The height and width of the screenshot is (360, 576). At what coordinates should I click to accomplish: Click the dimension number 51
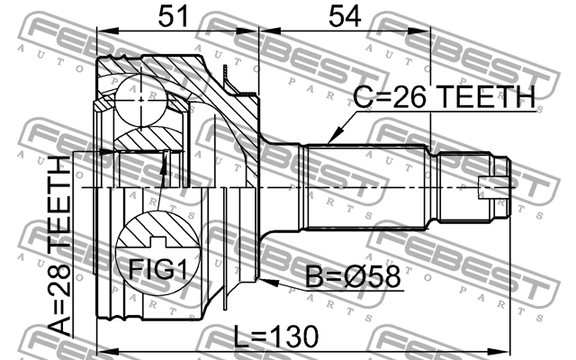[x=173, y=16]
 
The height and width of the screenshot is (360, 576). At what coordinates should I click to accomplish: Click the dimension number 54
[x=344, y=16]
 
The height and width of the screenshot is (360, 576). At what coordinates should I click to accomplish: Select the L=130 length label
[x=276, y=337]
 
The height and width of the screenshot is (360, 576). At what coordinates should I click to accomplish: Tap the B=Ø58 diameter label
[x=353, y=277]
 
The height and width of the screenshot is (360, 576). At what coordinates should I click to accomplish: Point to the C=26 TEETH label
[x=444, y=97]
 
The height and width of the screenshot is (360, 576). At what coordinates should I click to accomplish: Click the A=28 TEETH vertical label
[x=59, y=246]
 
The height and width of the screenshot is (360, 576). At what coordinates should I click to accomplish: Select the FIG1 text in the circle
[x=158, y=270]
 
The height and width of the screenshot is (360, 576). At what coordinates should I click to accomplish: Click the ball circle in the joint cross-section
[x=141, y=100]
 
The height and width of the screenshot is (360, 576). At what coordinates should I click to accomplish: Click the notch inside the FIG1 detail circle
[x=158, y=241]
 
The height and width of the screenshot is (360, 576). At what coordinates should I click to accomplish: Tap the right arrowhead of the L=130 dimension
[x=500, y=350]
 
